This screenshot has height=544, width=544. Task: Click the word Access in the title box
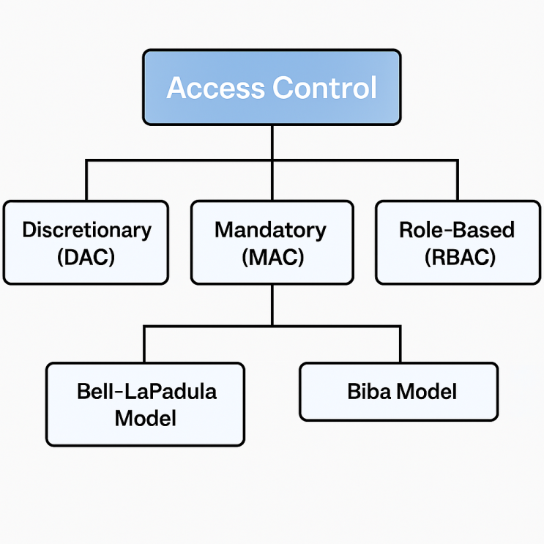(x=216, y=88)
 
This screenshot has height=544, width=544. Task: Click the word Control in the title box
(x=324, y=88)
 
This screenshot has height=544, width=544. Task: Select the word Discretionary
(x=86, y=230)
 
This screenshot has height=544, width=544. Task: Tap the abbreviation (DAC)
(x=86, y=257)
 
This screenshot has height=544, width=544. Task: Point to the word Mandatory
(x=270, y=230)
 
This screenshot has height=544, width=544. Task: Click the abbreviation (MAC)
(x=272, y=257)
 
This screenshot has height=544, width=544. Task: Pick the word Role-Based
(x=457, y=230)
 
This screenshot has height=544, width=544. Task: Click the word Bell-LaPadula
(x=146, y=391)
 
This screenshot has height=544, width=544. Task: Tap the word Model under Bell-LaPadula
(x=146, y=418)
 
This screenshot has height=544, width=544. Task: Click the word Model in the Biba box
(x=426, y=391)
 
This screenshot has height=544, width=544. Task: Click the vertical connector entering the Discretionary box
(x=86, y=180)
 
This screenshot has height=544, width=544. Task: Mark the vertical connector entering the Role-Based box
(x=458, y=180)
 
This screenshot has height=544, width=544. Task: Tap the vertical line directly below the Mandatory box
(x=272, y=304)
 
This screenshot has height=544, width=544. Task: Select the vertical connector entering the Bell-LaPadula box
(x=144, y=343)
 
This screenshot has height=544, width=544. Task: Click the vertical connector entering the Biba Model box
(x=400, y=343)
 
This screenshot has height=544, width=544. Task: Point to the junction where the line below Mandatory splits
(x=272, y=324)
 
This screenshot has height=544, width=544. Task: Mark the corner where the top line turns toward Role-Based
(x=458, y=160)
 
